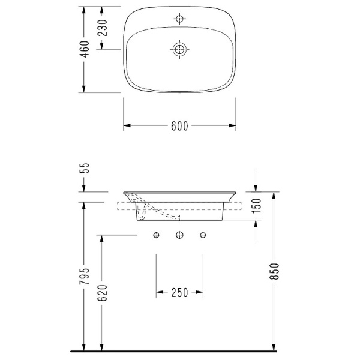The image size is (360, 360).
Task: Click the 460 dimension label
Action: (x=84, y=49)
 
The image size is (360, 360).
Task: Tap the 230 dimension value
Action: (x=103, y=28)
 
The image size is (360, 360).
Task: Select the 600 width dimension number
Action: (x=179, y=126)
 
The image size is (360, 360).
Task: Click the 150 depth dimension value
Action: (x=257, y=205)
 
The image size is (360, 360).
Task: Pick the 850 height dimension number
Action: (x=274, y=271)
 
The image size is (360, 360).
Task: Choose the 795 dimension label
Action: (x=84, y=276)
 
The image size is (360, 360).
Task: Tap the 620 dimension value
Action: (x=103, y=293)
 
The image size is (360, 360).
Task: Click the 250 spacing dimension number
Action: (x=179, y=293)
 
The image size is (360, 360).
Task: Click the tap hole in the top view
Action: (x=179, y=19)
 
